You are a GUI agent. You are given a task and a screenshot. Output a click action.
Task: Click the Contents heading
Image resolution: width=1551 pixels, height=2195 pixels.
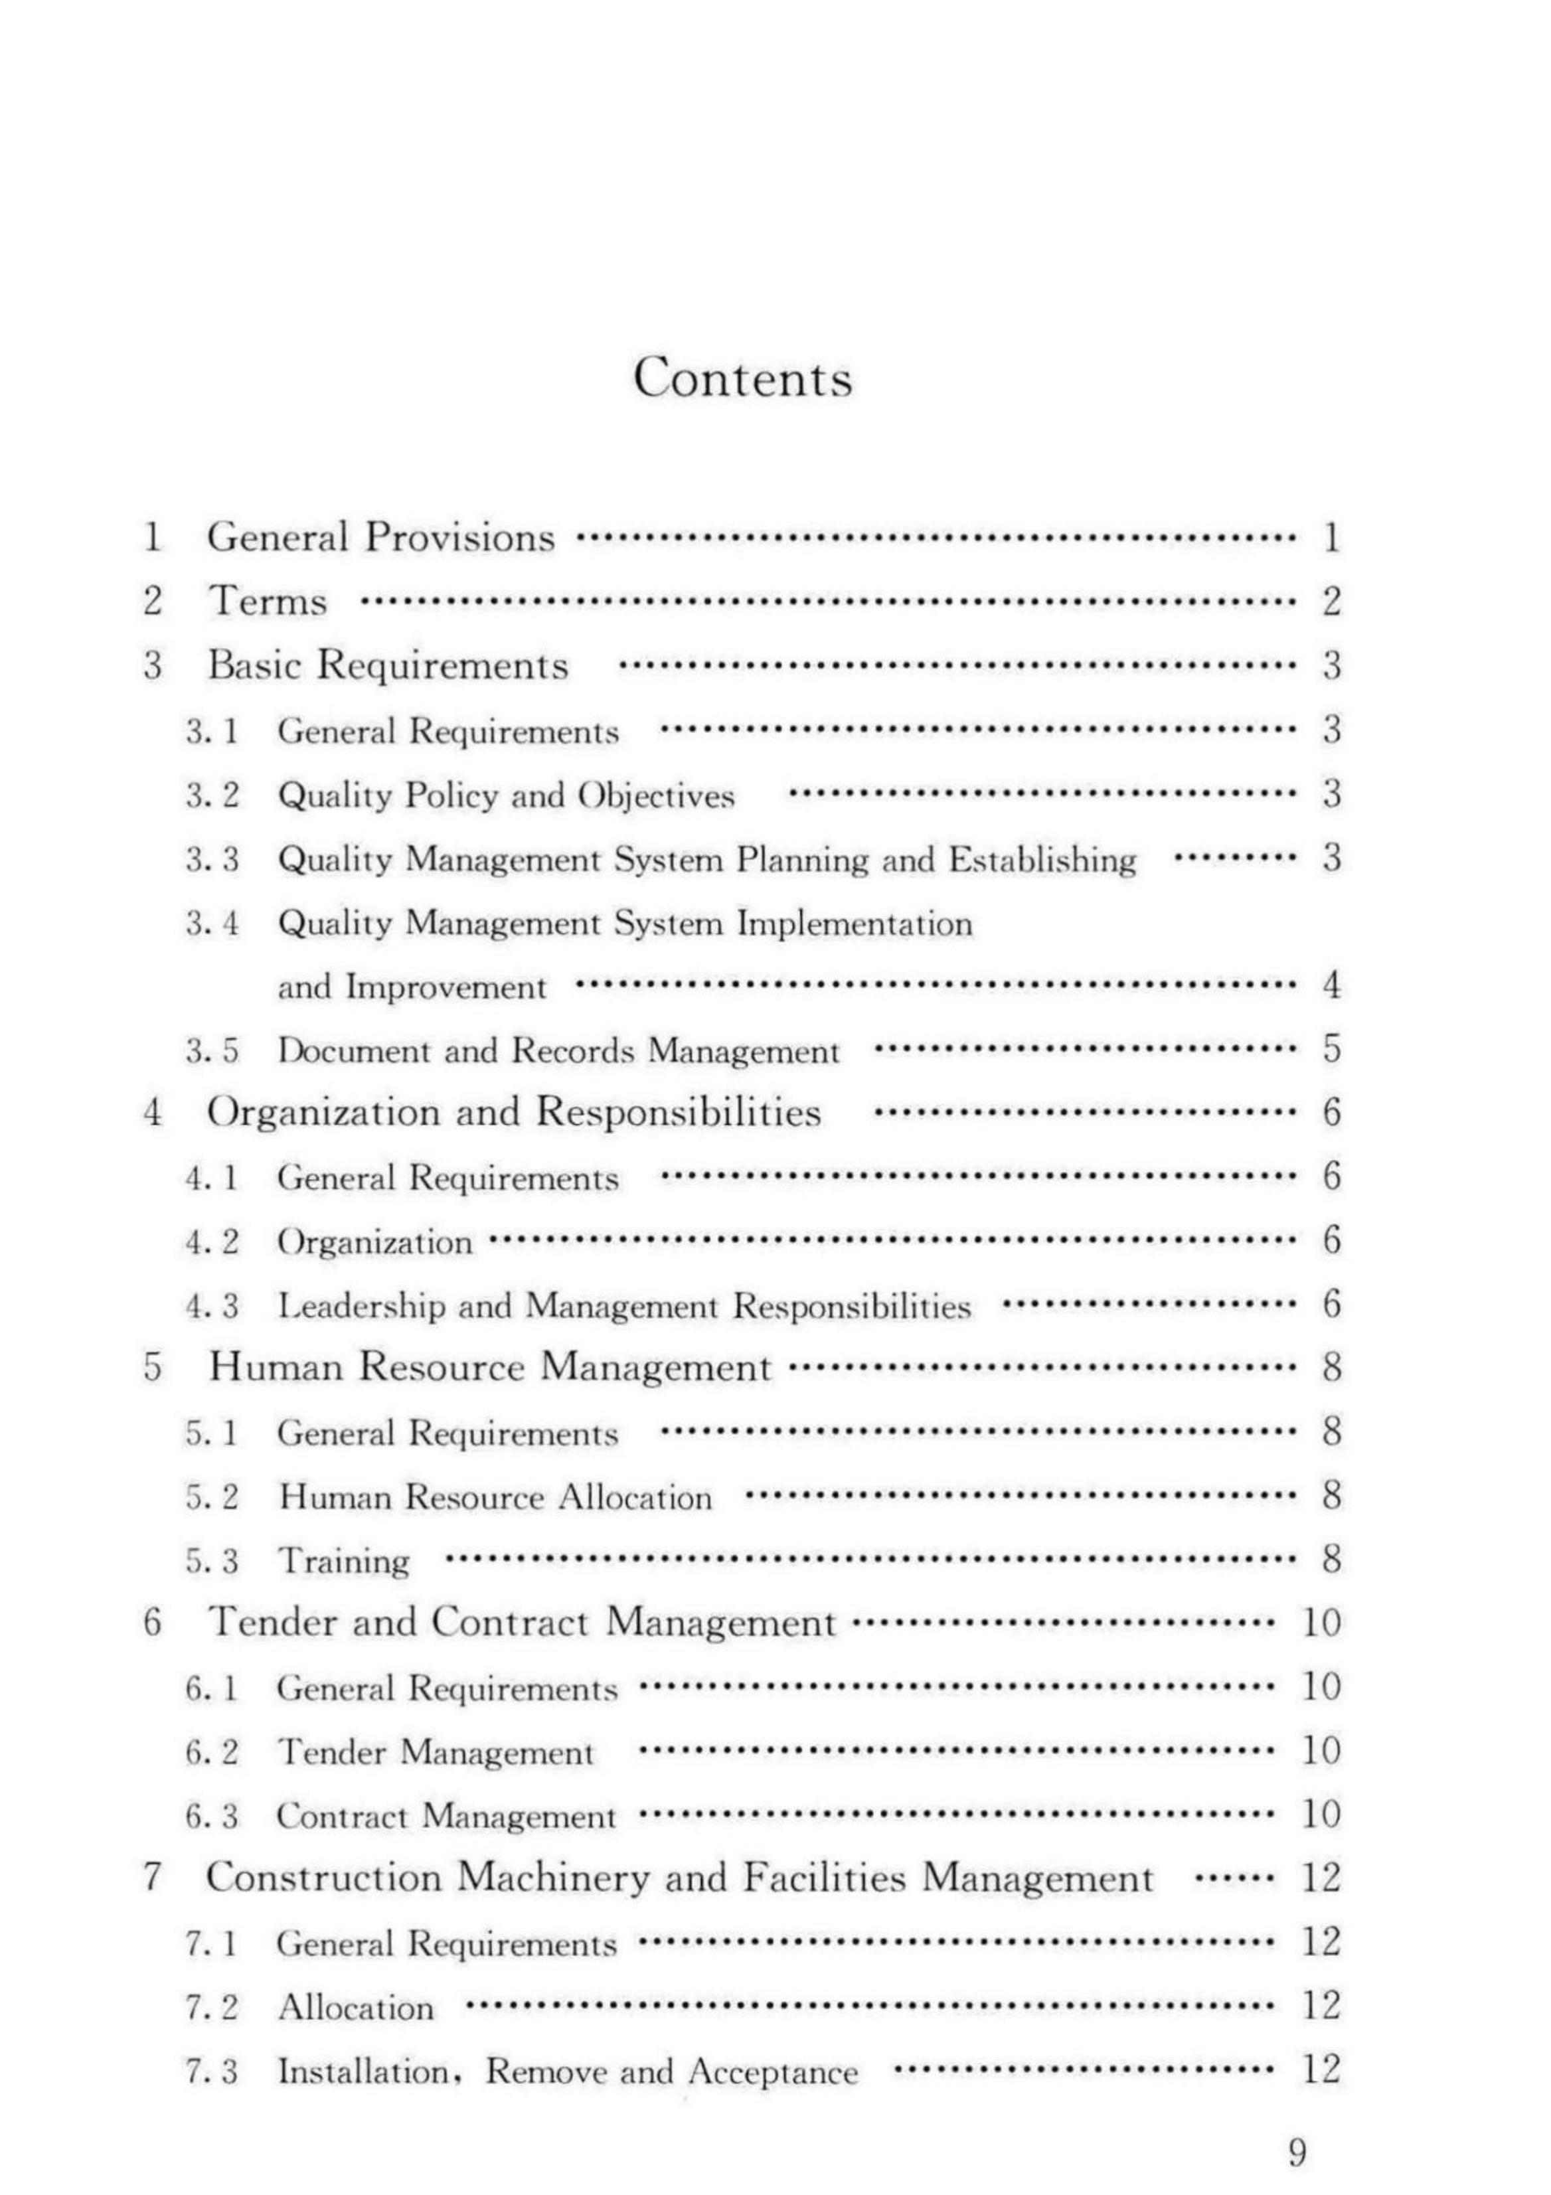pyautogui.click(x=742, y=378)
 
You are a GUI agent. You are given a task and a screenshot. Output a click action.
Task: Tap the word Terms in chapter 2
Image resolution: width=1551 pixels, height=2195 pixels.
pyautogui.click(x=268, y=602)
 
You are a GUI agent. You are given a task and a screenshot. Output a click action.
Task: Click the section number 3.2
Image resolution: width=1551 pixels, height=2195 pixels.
pyautogui.click(x=212, y=795)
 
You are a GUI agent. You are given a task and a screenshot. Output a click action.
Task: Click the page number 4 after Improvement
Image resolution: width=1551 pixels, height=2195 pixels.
pyautogui.click(x=1331, y=986)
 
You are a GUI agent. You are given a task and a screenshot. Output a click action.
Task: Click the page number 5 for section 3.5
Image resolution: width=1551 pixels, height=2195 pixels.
pyautogui.click(x=1331, y=1050)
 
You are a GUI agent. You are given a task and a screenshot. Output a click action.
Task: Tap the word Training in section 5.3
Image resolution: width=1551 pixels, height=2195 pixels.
pyautogui.click(x=343, y=1561)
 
